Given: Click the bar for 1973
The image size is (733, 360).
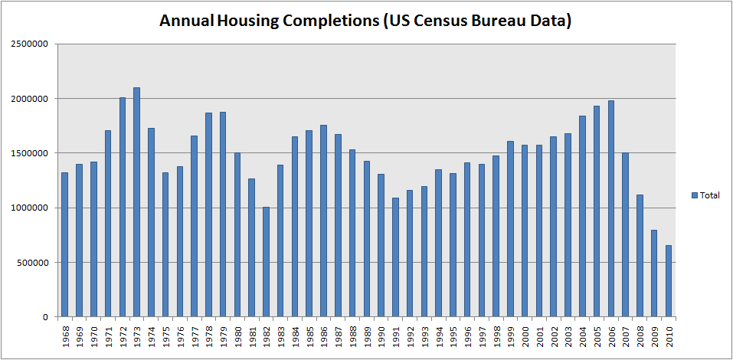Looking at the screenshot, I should (x=136, y=202).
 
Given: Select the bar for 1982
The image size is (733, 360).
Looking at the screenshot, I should (x=266, y=261).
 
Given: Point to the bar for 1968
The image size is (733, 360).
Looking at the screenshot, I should (x=65, y=244).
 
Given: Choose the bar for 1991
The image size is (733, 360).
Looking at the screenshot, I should (x=395, y=257).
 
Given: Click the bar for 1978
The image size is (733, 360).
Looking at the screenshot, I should (x=208, y=214).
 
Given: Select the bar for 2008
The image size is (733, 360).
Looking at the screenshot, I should (x=640, y=255).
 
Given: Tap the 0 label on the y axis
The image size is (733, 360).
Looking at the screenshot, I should (x=45, y=317).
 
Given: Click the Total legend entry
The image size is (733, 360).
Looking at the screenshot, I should (x=709, y=195).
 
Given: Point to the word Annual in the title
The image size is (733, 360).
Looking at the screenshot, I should (x=186, y=21).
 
